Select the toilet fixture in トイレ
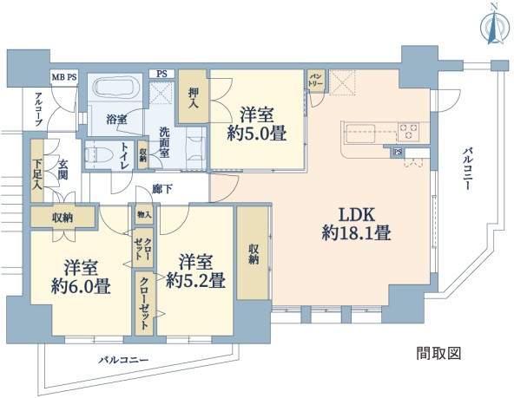pyautogui.click(x=94, y=155)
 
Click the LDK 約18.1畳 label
pyautogui.click(x=356, y=225)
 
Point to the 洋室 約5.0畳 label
pyautogui.click(x=257, y=124)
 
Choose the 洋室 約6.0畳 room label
pyautogui.click(x=81, y=277)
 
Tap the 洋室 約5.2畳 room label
pyautogui.click(x=195, y=271)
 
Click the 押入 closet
pyautogui.click(x=194, y=96)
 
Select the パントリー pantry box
pyautogui.click(x=316, y=81)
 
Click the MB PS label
pyautogui.click(x=64, y=77)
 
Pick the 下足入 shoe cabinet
pyautogui.click(x=37, y=171)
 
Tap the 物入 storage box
pyautogui.click(x=144, y=214)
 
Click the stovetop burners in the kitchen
pyautogui.click(x=409, y=132)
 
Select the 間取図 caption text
pyautogui.click(x=438, y=353)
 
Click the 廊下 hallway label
pyautogui.click(x=162, y=189)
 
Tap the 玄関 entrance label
pyautogui.click(x=63, y=170)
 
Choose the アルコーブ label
pyautogui.click(x=39, y=109)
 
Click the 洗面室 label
pyautogui.click(x=164, y=142)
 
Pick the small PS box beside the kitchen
pyautogui.click(x=398, y=152)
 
